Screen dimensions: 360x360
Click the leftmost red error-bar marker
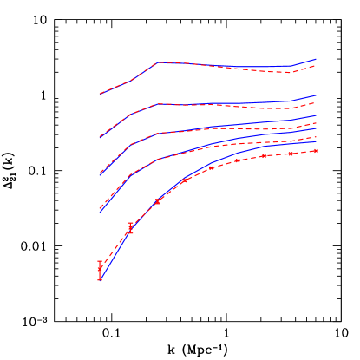coord(100,269)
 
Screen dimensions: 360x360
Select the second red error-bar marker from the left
coord(130,228)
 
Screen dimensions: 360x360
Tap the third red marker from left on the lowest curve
coord(157,201)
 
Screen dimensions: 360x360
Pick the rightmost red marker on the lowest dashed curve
coord(316,151)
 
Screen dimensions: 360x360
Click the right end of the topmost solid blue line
coord(317,59)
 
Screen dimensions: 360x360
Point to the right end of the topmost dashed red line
coord(317,65)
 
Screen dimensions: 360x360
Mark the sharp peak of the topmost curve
coord(157,62)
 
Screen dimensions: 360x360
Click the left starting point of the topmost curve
coord(100,94)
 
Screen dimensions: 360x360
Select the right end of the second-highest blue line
coord(317,95)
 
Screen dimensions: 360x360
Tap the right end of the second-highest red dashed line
coord(317,102)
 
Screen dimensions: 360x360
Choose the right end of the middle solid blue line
coord(317,115)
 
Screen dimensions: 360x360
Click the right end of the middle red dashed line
coord(317,123)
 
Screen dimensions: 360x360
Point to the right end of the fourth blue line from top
coord(317,129)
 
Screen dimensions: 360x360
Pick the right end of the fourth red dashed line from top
coord(317,136)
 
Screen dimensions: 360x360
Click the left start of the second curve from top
coord(100,137)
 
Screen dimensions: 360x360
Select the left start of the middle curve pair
coord(100,174)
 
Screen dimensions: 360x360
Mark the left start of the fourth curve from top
coord(100,211)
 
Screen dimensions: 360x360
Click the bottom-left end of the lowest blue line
coord(100,279)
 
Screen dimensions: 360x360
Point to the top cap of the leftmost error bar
coord(100,260)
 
